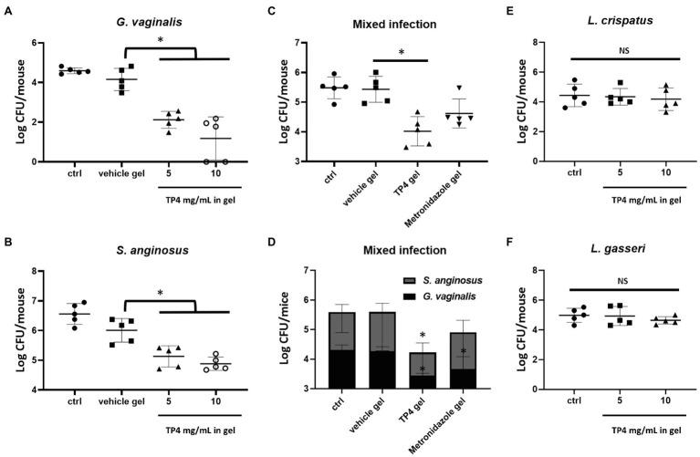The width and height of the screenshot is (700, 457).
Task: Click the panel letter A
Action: [x=7, y=8]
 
